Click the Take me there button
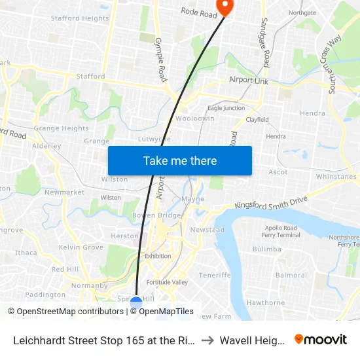179,160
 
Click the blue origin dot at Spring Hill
136,302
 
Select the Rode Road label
198,12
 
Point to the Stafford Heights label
80,18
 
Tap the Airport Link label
249,80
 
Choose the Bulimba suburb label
266,249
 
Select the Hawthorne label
265,302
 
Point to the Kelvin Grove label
81,247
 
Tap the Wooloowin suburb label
190,118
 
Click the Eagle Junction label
226,108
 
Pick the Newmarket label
64,192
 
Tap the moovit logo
321,339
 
